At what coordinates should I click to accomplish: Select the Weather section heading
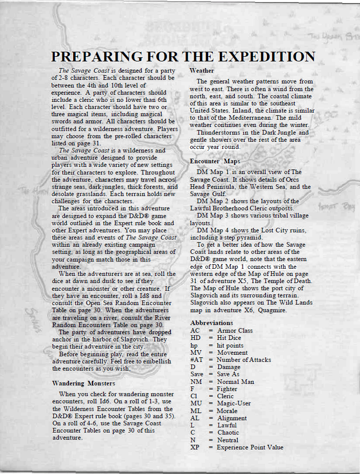click(x=202, y=70)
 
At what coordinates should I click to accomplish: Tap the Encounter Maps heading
click(x=215, y=161)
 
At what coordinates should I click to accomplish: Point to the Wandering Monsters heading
click(x=83, y=383)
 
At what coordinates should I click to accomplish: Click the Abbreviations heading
click(x=211, y=323)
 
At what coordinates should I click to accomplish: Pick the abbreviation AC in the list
click(x=195, y=331)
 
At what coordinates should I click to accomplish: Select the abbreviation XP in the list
click(x=195, y=447)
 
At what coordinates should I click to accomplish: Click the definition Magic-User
click(x=234, y=403)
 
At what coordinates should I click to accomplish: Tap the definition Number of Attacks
click(x=243, y=360)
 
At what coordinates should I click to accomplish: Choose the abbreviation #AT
click(x=197, y=360)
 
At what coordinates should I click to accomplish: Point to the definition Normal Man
click(x=235, y=382)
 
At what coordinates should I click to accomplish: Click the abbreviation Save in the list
click(x=197, y=374)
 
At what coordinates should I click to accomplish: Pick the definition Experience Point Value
click(x=250, y=447)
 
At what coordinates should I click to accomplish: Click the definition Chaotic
click(x=228, y=433)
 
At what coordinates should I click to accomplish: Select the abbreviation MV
click(x=196, y=353)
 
